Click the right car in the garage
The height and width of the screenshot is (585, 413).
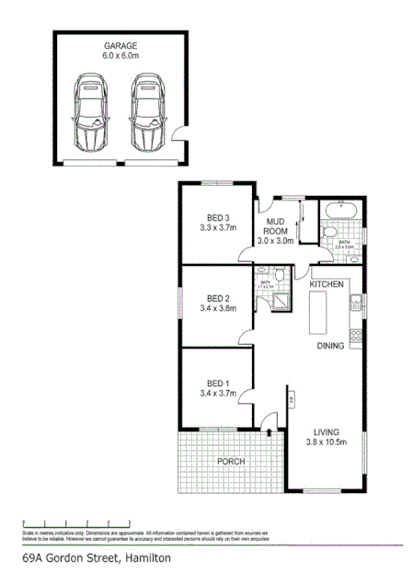pos(146,113)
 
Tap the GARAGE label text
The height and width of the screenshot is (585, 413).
pos(120,44)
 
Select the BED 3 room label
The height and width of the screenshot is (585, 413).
pos(217,217)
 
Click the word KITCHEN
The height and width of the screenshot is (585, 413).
pos(327,285)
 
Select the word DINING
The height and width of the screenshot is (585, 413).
pos(330,346)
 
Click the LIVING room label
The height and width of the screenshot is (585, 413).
pos(327,431)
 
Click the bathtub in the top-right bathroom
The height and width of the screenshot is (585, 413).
pos(343,209)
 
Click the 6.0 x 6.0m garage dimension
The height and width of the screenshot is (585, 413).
pos(120,55)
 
